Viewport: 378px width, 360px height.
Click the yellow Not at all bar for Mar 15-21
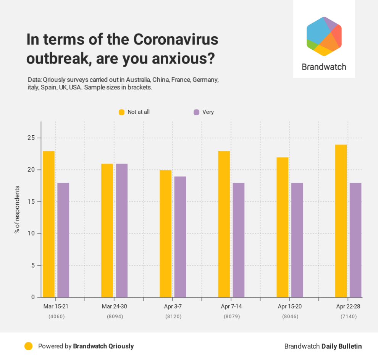(48, 224)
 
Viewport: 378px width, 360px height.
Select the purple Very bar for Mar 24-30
(122, 230)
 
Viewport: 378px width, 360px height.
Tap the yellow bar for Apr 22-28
(341, 221)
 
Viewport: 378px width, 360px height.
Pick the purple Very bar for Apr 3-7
(180, 237)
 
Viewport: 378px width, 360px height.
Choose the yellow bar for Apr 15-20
(283, 227)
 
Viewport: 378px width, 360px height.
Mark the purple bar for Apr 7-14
(239, 240)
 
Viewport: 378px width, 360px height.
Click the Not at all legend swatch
(121, 112)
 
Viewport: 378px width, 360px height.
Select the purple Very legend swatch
(196, 112)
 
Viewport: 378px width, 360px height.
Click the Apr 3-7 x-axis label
(173, 306)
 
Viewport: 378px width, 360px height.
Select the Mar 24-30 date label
(115, 306)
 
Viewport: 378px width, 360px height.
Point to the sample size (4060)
(56, 316)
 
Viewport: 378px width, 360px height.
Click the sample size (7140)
(349, 316)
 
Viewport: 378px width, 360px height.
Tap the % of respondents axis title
(17, 209)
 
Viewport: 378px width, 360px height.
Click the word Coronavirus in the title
(176, 40)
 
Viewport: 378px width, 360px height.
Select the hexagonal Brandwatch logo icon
(324, 36)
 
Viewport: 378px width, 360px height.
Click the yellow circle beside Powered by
(28, 346)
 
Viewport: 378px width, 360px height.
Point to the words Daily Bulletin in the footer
(341, 346)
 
